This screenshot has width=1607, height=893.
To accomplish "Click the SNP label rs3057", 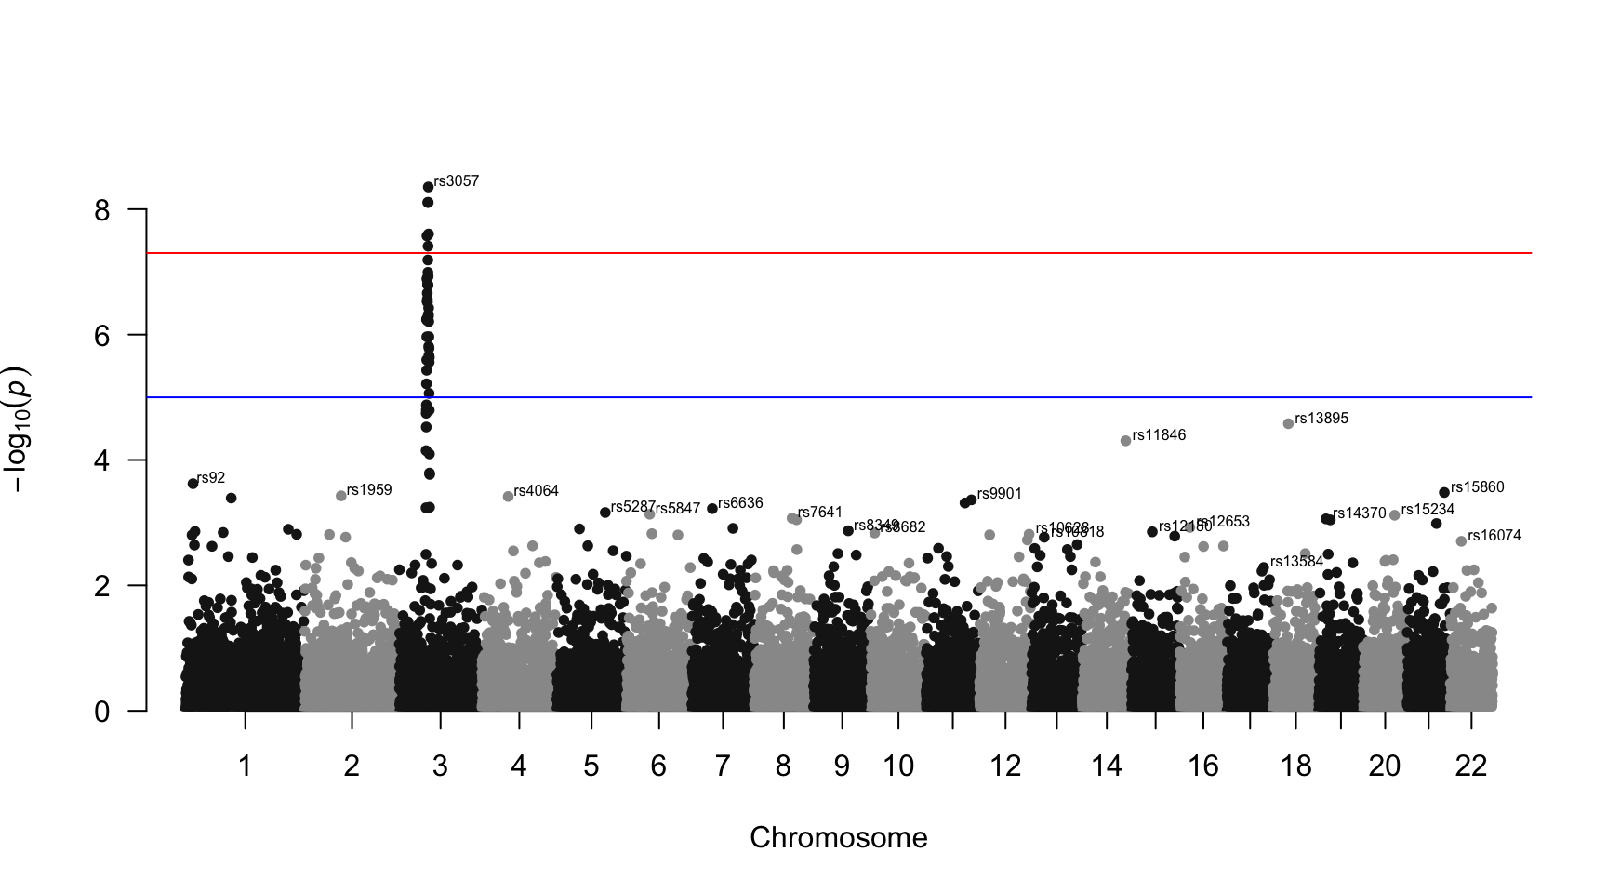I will pyautogui.click(x=457, y=181).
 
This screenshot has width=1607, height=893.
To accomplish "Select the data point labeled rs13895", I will pyautogui.click(x=1288, y=423).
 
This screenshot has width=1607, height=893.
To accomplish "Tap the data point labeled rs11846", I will pyautogui.click(x=1125, y=441).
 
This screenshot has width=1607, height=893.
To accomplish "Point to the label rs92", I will pyautogui.click(x=211, y=478).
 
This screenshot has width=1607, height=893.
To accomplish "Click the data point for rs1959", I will pyautogui.click(x=341, y=496).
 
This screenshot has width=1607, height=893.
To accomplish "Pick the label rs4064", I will pyautogui.click(x=536, y=491).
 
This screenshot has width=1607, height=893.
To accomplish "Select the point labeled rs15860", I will pyautogui.click(x=1444, y=492).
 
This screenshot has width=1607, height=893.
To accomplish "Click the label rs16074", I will pyautogui.click(x=1494, y=536).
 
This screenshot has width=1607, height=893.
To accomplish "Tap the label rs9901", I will pyautogui.click(x=1000, y=494).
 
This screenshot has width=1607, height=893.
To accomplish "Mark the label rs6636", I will pyautogui.click(x=740, y=503).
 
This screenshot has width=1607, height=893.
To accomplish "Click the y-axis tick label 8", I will pyautogui.click(x=102, y=210).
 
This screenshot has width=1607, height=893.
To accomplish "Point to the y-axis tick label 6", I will pyautogui.click(x=102, y=336).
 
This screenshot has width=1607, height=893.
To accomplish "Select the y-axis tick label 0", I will pyautogui.click(x=102, y=712).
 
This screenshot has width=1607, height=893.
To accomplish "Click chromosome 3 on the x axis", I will pyautogui.click(x=440, y=766).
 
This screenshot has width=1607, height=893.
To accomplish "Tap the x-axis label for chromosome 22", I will pyautogui.click(x=1471, y=766).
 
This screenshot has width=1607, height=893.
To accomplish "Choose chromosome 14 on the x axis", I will pyautogui.click(x=1107, y=766).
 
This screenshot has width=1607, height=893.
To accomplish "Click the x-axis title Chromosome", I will pyautogui.click(x=838, y=838).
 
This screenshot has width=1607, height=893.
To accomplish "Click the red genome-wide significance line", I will pyautogui.click(x=837, y=253).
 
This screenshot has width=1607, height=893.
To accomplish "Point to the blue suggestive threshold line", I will pyautogui.click(x=837, y=397).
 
